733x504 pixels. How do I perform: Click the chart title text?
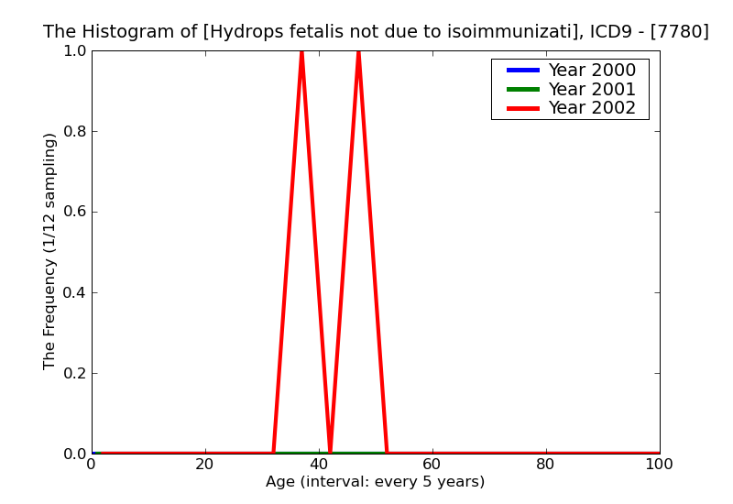click(x=376, y=32)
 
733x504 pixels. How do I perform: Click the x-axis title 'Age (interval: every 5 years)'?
click(x=375, y=482)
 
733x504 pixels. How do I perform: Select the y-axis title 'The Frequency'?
click(x=50, y=251)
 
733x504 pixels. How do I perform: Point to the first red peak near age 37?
click(x=301, y=53)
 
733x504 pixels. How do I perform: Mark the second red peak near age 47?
click(x=358, y=53)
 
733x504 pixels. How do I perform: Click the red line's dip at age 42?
click(x=330, y=450)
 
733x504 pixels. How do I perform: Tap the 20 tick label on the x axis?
click(x=205, y=465)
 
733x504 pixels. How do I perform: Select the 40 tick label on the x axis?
click(x=319, y=465)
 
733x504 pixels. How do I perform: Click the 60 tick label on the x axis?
click(x=432, y=465)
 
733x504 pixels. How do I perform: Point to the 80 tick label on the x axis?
click(x=546, y=465)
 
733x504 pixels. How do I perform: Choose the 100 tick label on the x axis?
click(x=659, y=465)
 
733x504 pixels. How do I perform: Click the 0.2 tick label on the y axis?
click(x=73, y=374)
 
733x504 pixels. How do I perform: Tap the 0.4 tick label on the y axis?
click(x=73, y=293)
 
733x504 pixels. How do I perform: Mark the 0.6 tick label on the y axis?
click(x=73, y=213)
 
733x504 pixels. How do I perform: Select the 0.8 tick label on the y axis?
click(x=73, y=132)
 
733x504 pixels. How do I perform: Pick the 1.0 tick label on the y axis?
click(x=73, y=51)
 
